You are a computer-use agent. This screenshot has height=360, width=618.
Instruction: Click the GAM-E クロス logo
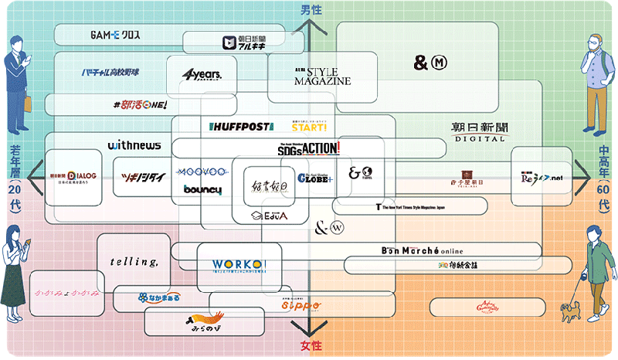coord(114,36)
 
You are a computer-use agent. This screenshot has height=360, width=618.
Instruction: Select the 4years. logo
coord(202,74)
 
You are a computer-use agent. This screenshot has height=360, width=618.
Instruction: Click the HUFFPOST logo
coord(240,126)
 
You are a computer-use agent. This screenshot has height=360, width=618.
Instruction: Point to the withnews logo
coord(134,144)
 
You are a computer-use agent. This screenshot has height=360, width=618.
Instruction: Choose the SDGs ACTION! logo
coord(308,149)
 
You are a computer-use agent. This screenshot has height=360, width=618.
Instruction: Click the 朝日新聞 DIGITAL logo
coord(479,131)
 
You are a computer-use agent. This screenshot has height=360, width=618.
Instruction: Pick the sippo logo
coord(299,306)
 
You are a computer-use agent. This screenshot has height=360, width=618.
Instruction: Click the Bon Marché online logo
coord(432,250)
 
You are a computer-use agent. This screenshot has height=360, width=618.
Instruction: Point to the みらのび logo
coord(203,321)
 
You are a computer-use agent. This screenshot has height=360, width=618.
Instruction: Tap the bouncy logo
coord(203,190)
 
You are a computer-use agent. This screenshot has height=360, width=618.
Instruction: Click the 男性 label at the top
coord(311,9)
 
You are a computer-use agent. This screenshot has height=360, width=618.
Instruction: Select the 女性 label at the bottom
coord(311,345)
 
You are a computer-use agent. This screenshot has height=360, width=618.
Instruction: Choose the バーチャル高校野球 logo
coord(110,73)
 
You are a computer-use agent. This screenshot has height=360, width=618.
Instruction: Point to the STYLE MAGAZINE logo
coord(322,76)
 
